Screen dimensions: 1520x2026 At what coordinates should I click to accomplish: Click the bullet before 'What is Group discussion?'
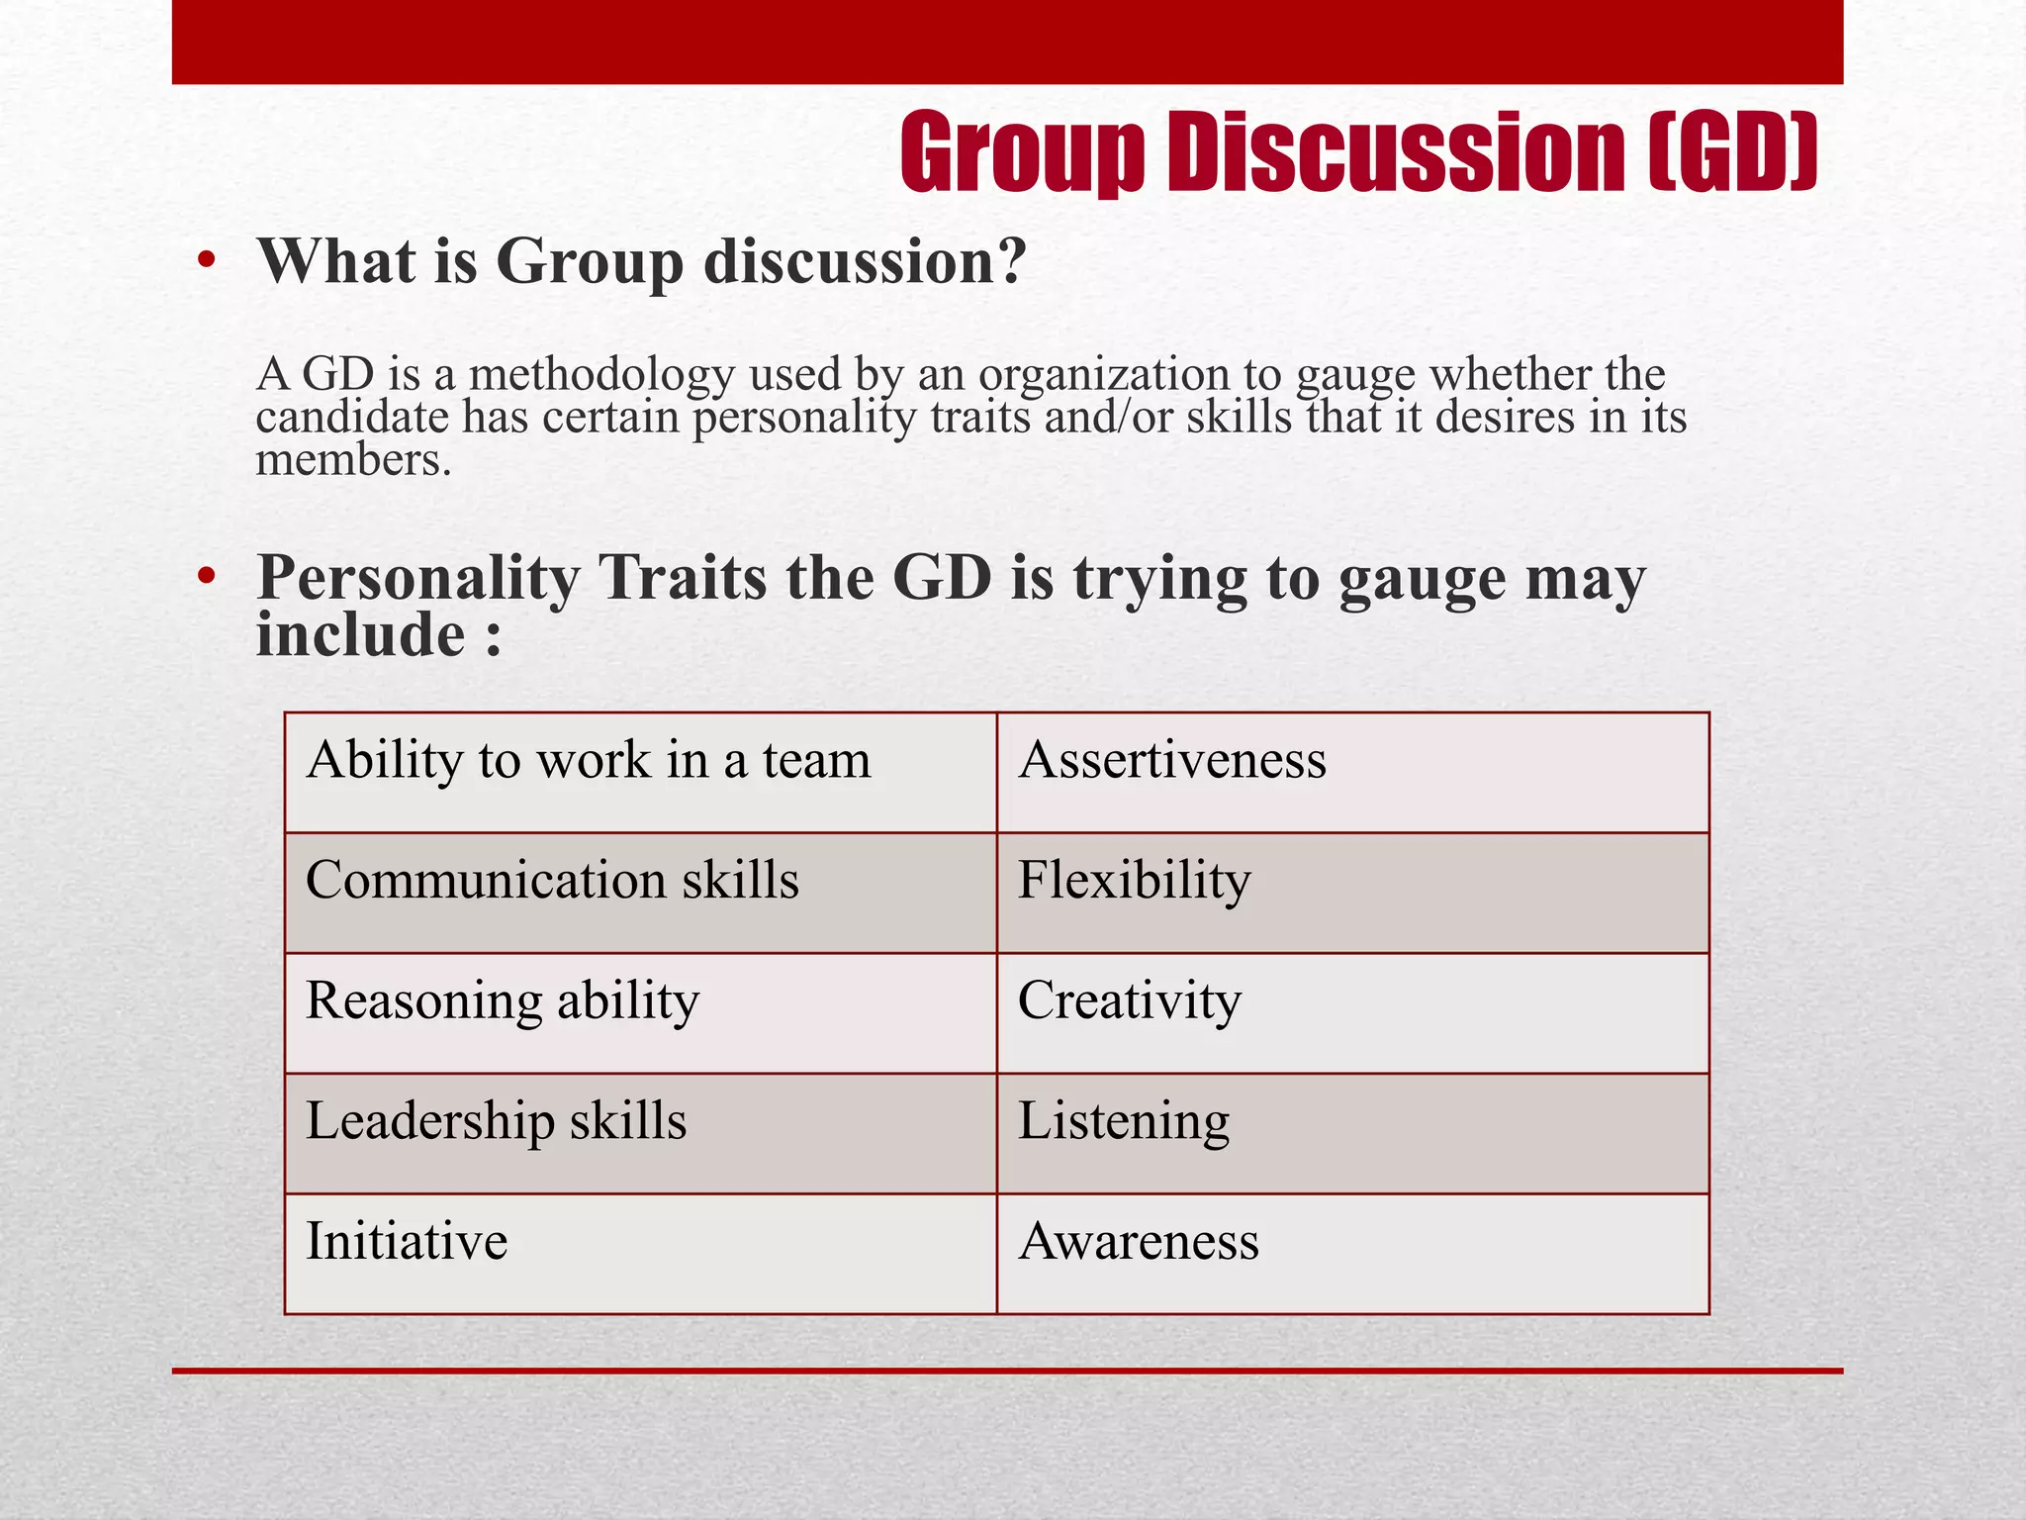pyautogui.click(x=206, y=261)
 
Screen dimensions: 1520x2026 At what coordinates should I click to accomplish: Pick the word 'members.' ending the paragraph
pyautogui.click(x=353, y=460)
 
